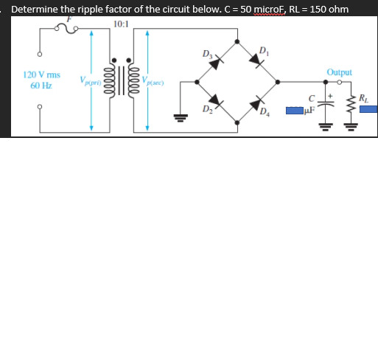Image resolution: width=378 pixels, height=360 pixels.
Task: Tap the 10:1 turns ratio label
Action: coord(121,24)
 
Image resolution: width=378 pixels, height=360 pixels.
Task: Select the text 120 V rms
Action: coord(41,75)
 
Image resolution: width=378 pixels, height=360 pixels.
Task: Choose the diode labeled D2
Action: coord(214,100)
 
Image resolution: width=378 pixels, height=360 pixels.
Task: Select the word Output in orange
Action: coord(339,72)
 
